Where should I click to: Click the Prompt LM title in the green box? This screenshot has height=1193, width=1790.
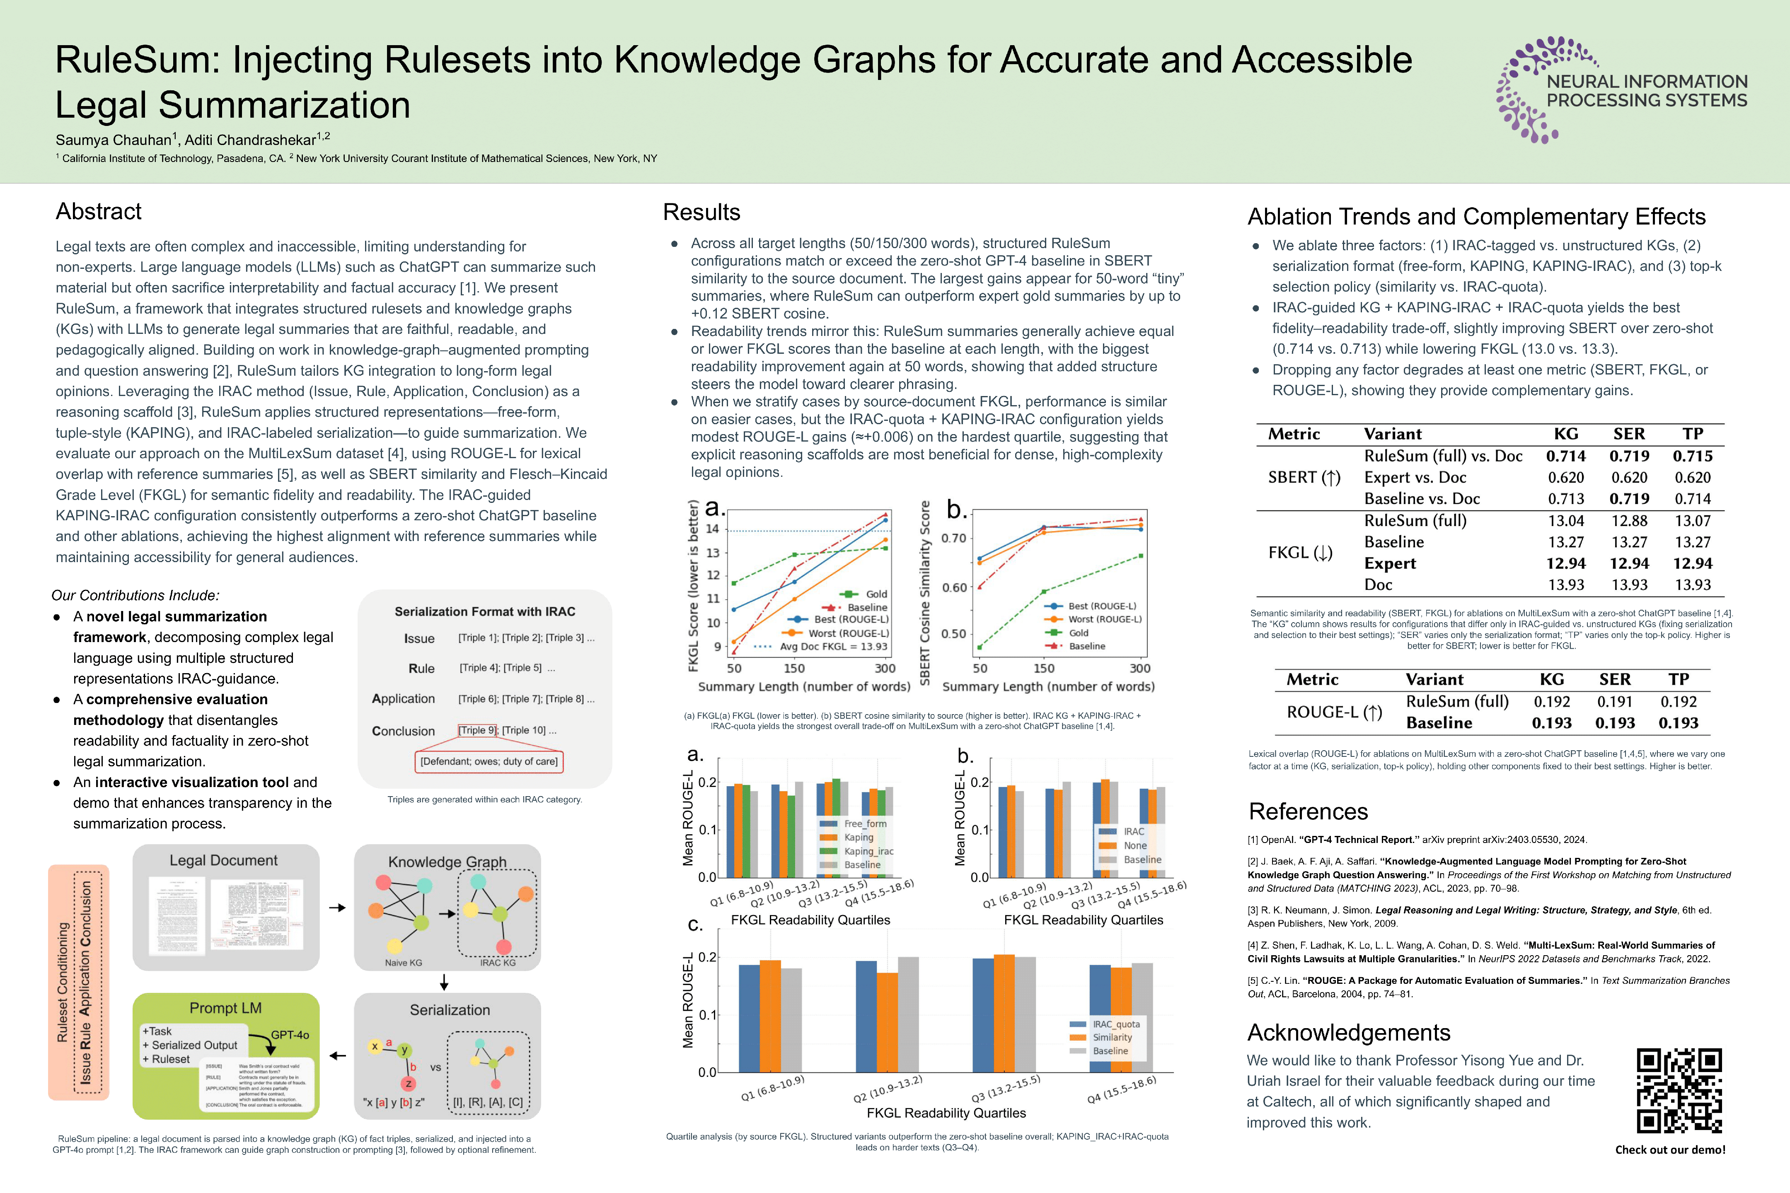(225, 1008)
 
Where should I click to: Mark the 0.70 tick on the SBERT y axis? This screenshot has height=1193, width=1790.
(953, 539)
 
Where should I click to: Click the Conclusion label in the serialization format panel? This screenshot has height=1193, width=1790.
(403, 731)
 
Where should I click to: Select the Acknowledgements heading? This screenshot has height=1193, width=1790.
(1349, 1032)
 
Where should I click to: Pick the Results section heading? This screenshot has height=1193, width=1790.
(701, 212)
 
